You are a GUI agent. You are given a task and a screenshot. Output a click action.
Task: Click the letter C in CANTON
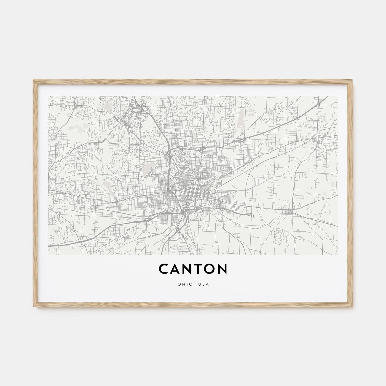[164, 269]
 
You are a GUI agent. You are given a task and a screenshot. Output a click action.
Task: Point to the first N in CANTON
[188, 269]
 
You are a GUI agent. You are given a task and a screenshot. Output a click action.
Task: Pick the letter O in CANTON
[210, 269]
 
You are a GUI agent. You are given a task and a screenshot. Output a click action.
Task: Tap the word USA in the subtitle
[204, 284]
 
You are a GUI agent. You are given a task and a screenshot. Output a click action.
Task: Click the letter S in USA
[204, 284]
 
